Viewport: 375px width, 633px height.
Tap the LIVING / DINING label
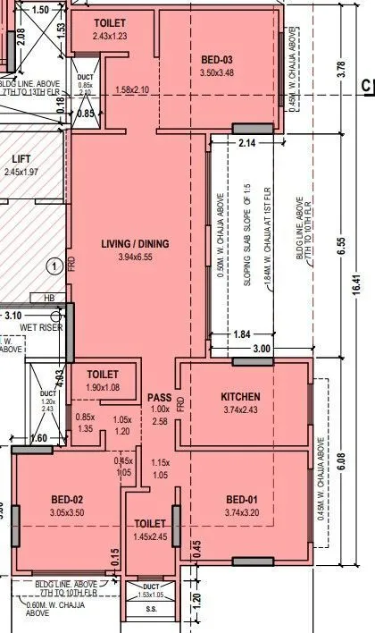[x=136, y=243]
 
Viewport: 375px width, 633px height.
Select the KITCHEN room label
[x=240, y=396]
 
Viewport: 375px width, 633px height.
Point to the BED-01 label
[x=241, y=499]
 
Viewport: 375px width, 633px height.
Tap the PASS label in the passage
[x=159, y=396]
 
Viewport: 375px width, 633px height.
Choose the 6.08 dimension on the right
[x=342, y=461]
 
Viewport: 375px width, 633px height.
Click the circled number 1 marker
[x=54, y=265]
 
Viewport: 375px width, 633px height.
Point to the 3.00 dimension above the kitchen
[x=260, y=348]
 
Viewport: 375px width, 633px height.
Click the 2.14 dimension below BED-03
[x=247, y=142]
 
